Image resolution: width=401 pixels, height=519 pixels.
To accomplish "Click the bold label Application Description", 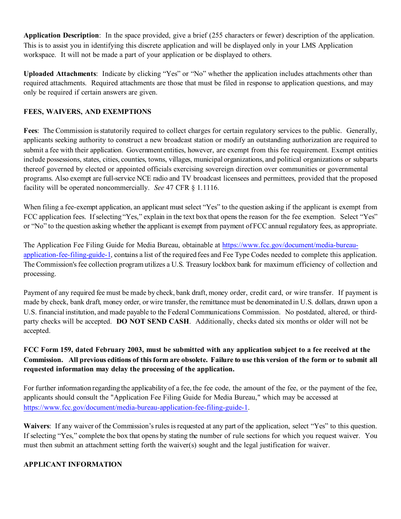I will pyautogui.click(x=61, y=35).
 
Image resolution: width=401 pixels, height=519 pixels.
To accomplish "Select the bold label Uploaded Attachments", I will pyautogui.click(x=60, y=74).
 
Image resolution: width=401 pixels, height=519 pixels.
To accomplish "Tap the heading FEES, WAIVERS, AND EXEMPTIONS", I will pyautogui.click(x=87, y=112).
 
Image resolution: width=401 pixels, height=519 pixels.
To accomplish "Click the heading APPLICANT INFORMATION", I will pyautogui.click(x=73, y=464).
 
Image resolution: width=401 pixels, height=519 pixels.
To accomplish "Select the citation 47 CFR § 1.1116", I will pyautogui.click(x=192, y=188).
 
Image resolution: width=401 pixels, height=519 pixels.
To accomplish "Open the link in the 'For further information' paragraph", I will pyautogui.click(x=135, y=407).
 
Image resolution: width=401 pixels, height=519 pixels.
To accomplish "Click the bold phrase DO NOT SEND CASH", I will pyautogui.click(x=153, y=322).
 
